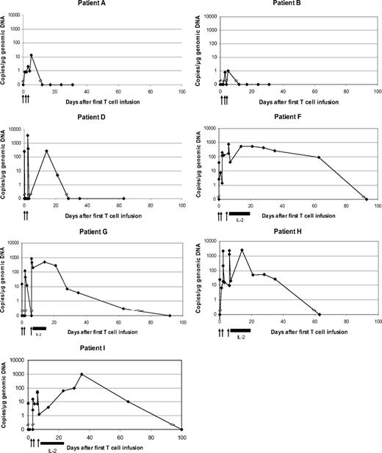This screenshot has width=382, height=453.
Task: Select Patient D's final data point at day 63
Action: [x=123, y=199]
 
